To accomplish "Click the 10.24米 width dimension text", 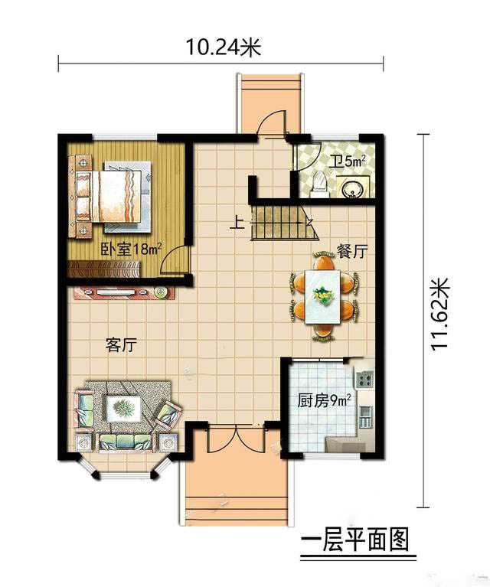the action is [x=224, y=47].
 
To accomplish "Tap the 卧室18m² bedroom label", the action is [x=131, y=249].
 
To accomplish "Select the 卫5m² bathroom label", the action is [x=348, y=161].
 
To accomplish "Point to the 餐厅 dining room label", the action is [x=352, y=251].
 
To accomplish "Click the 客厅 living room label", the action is [x=121, y=344].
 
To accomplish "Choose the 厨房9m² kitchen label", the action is [x=324, y=401].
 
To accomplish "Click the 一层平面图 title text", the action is [x=354, y=540].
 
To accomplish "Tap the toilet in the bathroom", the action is [x=319, y=184].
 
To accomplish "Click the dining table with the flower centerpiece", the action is [x=322, y=296].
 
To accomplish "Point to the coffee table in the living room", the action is [x=123, y=409].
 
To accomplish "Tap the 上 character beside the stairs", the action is [x=237, y=223].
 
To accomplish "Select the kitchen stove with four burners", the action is [x=364, y=380].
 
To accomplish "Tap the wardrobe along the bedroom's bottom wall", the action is [x=104, y=269].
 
